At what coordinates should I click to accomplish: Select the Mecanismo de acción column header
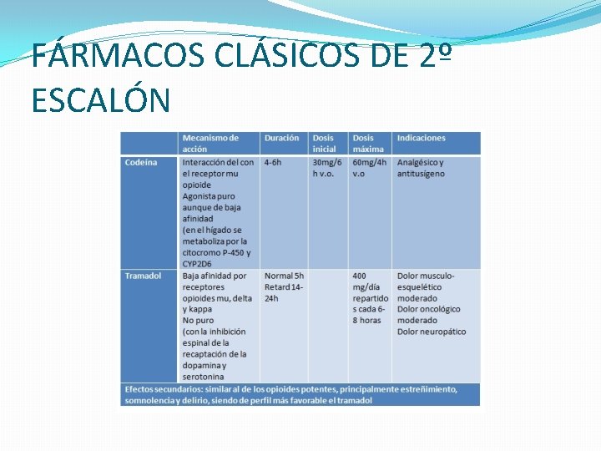(x=210, y=144)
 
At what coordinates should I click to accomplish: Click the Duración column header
(x=282, y=139)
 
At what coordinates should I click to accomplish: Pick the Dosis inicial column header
(x=324, y=144)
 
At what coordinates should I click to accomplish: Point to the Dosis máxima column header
(x=368, y=144)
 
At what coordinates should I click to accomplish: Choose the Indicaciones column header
(x=422, y=139)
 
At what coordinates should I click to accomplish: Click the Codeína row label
(x=141, y=163)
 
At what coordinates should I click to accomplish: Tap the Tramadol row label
(x=143, y=276)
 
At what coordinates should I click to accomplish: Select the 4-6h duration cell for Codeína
(x=273, y=163)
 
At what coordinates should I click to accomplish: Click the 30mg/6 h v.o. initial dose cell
(x=327, y=168)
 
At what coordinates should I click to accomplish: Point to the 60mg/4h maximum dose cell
(x=370, y=168)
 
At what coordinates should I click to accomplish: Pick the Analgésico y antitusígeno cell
(x=422, y=168)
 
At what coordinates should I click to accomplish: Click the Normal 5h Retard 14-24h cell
(x=284, y=286)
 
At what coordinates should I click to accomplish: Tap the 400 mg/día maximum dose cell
(x=370, y=298)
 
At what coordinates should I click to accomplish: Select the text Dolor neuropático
(x=432, y=332)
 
